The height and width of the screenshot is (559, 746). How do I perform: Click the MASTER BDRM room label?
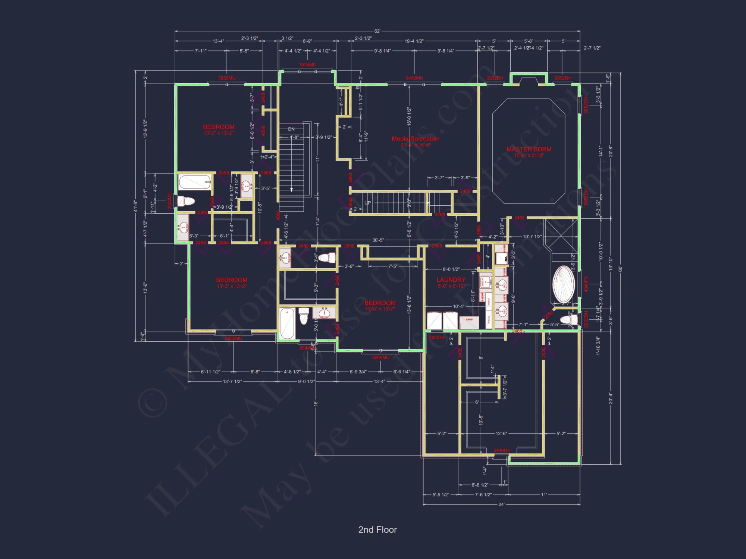(x=529, y=149)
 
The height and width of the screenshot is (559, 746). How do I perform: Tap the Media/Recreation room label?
(x=415, y=139)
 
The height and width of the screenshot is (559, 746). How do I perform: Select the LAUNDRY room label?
(x=451, y=279)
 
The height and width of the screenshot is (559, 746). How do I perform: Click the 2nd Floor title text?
(x=377, y=530)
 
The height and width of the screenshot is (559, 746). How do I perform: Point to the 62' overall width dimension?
(x=377, y=31)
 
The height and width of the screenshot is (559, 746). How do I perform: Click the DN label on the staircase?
(x=291, y=129)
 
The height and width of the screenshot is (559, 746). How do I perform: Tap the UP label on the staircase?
(x=367, y=203)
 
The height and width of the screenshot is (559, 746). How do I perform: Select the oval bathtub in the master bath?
(x=564, y=284)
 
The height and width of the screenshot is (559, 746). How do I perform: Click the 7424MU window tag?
(x=307, y=65)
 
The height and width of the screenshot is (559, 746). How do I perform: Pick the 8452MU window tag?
(x=414, y=78)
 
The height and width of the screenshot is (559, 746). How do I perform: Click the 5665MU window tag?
(x=380, y=358)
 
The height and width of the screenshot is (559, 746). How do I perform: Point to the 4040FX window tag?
(x=586, y=284)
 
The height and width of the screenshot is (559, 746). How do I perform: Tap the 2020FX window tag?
(x=437, y=338)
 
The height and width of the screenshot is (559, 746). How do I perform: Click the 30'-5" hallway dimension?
(x=378, y=240)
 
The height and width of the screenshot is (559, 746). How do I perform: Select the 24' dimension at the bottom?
(x=501, y=505)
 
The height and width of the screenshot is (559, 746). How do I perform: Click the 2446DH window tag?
(x=502, y=451)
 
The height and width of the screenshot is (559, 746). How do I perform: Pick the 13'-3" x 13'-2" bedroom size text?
(x=231, y=286)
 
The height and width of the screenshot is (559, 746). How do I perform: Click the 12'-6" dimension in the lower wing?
(x=501, y=434)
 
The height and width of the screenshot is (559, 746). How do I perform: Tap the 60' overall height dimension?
(x=620, y=269)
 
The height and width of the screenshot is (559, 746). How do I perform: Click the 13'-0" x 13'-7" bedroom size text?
(x=380, y=309)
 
